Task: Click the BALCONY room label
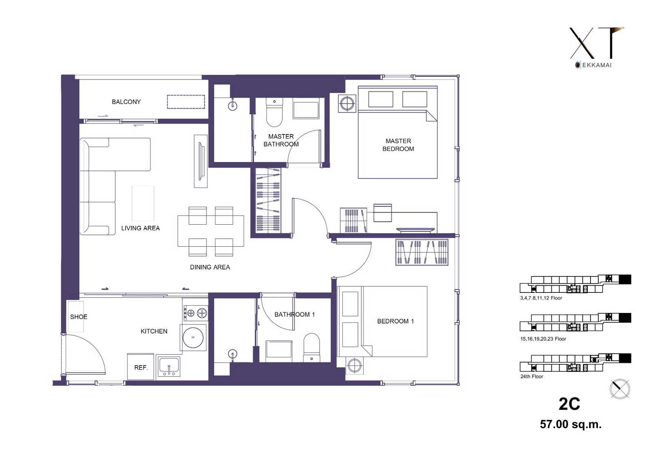[126, 102]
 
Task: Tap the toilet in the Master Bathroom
[274, 112]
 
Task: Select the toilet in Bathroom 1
[312, 348]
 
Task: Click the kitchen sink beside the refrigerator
[169, 366]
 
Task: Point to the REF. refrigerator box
[140, 367]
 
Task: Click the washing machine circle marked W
[193, 338]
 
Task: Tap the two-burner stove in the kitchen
[195, 313]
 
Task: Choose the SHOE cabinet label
[79, 317]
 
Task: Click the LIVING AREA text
[140, 228]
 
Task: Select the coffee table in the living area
[143, 203]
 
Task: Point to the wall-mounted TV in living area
[201, 161]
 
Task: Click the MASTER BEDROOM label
[398, 145]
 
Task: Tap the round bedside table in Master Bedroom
[347, 103]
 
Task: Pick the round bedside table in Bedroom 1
[355, 366]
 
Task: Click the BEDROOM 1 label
[395, 321]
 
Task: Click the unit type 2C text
[569, 404]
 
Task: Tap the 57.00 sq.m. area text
[571, 424]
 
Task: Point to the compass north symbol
[620, 389]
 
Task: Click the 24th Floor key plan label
[532, 377]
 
